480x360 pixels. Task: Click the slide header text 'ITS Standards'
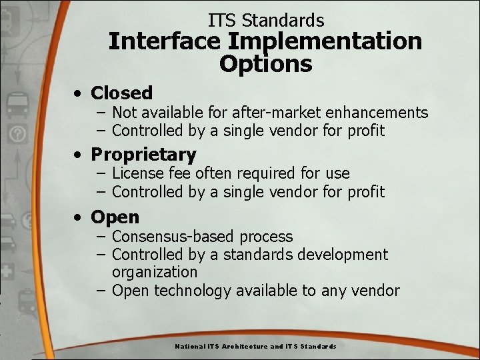pos(266,21)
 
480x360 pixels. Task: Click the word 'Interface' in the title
pos(165,41)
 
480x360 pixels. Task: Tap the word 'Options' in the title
pos(265,64)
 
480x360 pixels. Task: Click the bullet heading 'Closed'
pos(121,93)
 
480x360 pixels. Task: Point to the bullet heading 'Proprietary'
pos(143,155)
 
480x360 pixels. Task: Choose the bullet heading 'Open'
pos(115,217)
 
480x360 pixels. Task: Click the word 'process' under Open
pos(266,237)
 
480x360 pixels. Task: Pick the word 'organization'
pos(155,272)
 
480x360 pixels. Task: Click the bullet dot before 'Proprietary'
pos(79,155)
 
